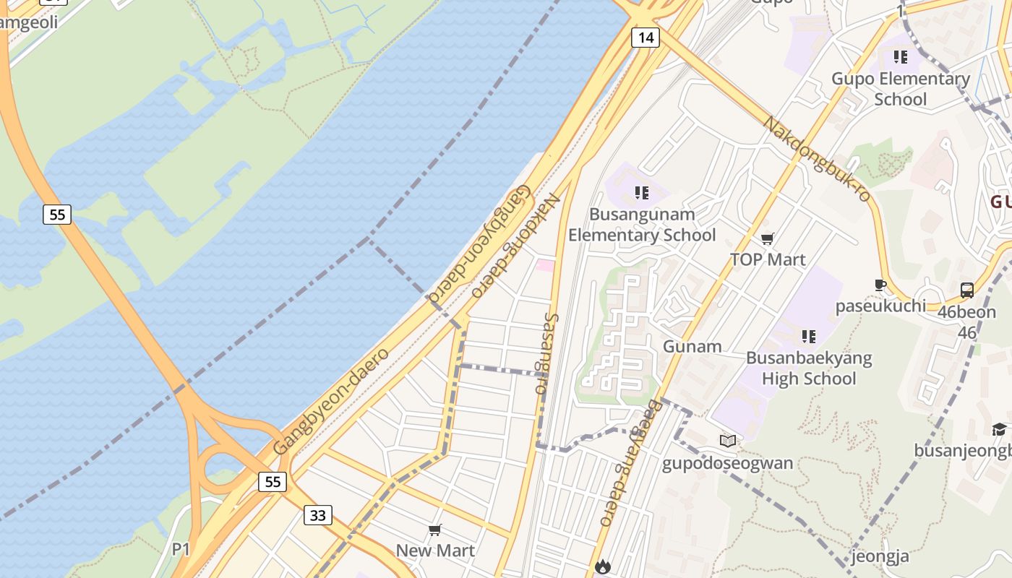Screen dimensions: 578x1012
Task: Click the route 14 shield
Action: click(x=646, y=38)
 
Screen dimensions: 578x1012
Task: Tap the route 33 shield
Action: click(x=318, y=514)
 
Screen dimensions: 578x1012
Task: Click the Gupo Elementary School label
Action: click(x=901, y=88)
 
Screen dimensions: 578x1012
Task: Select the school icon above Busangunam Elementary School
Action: click(x=641, y=193)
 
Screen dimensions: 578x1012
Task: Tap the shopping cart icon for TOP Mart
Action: click(x=768, y=238)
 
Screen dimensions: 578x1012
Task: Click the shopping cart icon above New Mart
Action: click(x=435, y=530)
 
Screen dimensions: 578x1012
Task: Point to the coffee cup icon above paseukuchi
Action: click(x=880, y=285)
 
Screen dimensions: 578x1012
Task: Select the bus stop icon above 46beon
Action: click(x=966, y=290)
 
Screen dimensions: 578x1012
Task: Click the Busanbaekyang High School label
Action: click(x=809, y=368)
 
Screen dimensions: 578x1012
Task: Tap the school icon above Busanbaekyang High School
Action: click(x=808, y=336)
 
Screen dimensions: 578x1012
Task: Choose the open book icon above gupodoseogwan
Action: click(x=728, y=441)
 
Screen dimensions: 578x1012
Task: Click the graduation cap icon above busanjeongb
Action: click(x=999, y=429)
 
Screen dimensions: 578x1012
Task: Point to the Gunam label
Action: click(x=692, y=346)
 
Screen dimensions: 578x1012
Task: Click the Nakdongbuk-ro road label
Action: click(x=817, y=159)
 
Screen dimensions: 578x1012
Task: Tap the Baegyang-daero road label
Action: click(x=628, y=462)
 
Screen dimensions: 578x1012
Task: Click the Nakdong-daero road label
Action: click(x=515, y=246)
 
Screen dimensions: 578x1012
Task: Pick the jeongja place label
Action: click(x=880, y=556)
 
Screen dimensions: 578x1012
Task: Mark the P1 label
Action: click(x=181, y=549)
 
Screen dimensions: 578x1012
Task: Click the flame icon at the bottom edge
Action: click(x=603, y=567)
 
